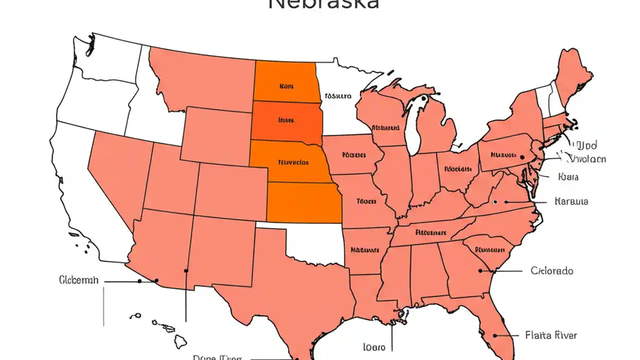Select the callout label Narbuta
(x=571, y=201)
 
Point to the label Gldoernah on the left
(x=78, y=280)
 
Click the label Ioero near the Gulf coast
(x=374, y=346)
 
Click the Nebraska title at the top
(x=323, y=4)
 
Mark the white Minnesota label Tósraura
(x=337, y=96)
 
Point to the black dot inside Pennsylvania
(x=522, y=157)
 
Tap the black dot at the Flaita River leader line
(x=494, y=335)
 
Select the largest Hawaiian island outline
(x=180, y=341)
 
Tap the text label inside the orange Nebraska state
(x=292, y=162)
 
